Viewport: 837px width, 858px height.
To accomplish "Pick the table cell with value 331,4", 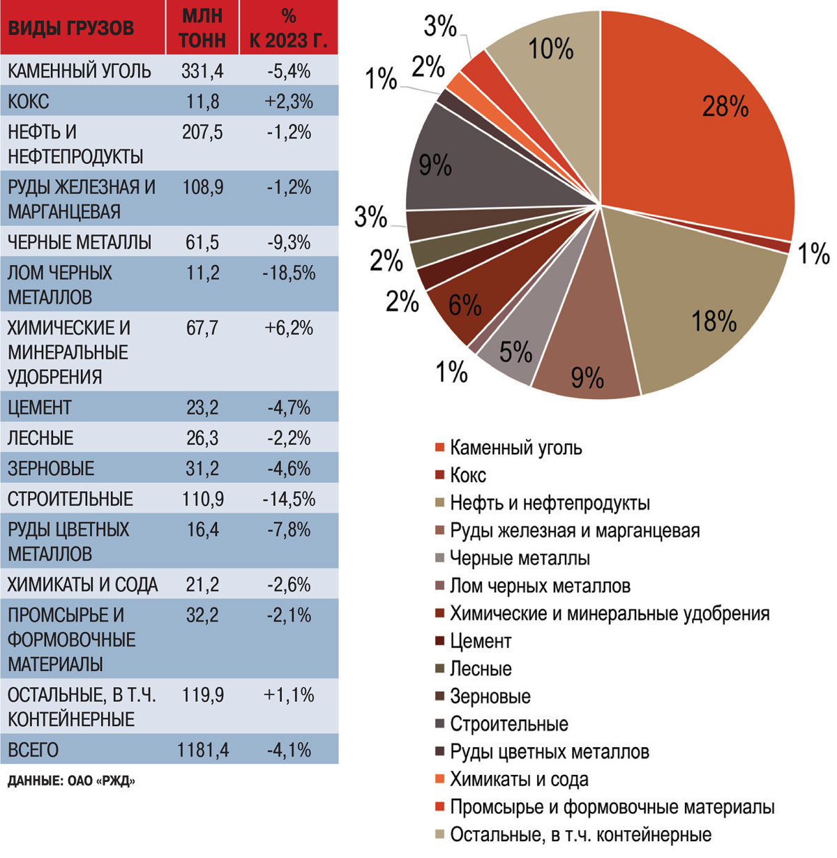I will click(202, 70).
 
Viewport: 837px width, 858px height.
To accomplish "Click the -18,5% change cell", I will click(289, 273).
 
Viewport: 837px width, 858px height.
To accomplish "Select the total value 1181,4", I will click(202, 750).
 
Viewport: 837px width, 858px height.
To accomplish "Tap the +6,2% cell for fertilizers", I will click(289, 328).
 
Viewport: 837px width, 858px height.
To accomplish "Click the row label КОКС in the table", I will click(29, 102).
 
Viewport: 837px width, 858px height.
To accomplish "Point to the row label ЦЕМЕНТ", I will click(40, 407).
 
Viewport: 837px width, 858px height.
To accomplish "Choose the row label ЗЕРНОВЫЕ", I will click(51, 469).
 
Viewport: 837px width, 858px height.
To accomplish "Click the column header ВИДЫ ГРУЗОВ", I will click(70, 29).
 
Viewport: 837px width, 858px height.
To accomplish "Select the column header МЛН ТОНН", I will click(202, 28).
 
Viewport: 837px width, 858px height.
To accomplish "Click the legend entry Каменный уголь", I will click(515, 447).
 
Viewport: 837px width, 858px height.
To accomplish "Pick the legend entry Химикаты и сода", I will click(519, 779).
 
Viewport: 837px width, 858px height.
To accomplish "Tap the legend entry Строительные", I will click(508, 724).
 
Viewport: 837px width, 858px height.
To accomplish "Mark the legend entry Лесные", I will click(481, 669).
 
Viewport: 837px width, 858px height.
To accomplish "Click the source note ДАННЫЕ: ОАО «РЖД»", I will click(71, 781).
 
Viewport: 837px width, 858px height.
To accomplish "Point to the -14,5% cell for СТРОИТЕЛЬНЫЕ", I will click(289, 499).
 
